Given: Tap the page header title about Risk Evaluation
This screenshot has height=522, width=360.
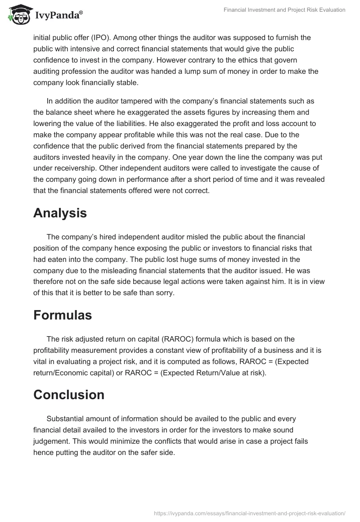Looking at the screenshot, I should (x=285, y=10).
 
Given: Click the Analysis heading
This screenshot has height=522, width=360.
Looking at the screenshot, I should (x=60, y=213).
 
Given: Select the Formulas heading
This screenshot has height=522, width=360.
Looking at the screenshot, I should (x=63, y=315).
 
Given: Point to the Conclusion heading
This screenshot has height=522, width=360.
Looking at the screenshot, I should (x=69, y=394).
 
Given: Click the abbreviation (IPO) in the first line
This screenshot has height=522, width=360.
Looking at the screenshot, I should (x=104, y=37).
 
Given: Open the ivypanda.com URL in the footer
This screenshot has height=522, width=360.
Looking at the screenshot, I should (x=249, y=513).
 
